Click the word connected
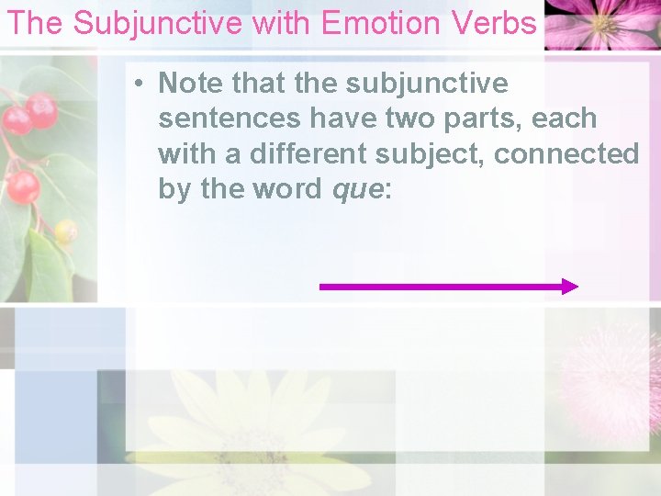click(x=566, y=153)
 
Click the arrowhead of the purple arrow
click(x=570, y=287)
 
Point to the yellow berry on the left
click(x=65, y=231)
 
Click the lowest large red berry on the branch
click(x=22, y=187)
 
